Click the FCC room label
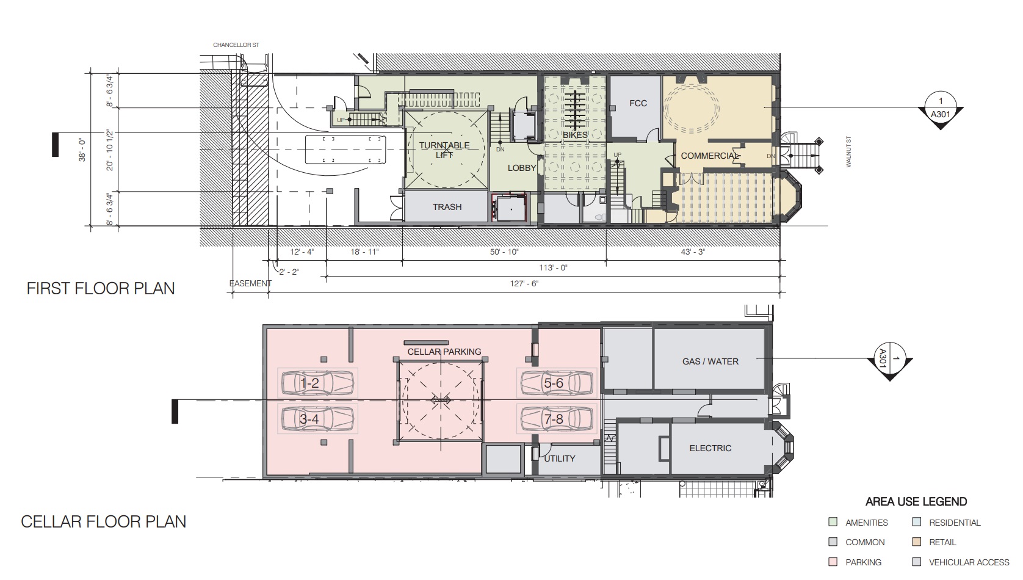point(638,103)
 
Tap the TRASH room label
point(447,207)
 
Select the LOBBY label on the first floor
point(522,168)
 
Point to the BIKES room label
point(575,135)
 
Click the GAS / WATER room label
point(710,361)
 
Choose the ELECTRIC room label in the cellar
point(710,448)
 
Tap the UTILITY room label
point(560,459)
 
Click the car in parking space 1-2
point(318,383)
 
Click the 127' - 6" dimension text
point(524,284)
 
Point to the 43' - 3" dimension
point(693,252)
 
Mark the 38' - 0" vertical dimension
point(82,150)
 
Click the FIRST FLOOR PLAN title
point(101,289)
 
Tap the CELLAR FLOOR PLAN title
point(104,521)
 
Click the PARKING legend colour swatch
point(833,562)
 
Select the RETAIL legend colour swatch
point(916,542)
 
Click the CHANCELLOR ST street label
point(236,45)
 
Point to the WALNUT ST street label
point(848,151)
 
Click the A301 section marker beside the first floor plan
point(941,110)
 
